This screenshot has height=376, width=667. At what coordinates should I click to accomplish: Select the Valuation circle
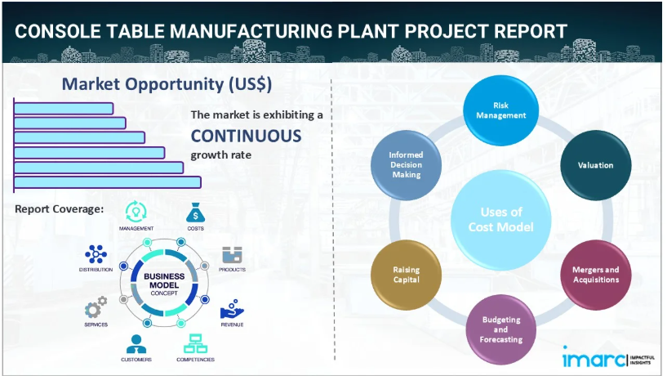click(x=594, y=166)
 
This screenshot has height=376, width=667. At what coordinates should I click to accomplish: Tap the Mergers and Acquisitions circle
click(x=595, y=274)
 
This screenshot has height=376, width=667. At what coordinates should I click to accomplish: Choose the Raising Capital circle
click(x=405, y=274)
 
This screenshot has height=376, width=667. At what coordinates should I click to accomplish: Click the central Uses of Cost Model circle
click(x=500, y=219)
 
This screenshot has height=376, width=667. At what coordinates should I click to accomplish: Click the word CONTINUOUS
click(x=246, y=136)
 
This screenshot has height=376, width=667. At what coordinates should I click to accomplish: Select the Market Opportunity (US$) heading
click(x=167, y=84)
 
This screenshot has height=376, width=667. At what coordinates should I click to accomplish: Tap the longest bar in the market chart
click(x=107, y=181)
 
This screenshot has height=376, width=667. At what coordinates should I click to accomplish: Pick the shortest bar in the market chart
click(x=64, y=108)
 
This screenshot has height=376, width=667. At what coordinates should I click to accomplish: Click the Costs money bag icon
click(x=195, y=213)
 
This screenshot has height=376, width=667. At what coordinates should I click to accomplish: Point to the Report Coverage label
click(x=59, y=209)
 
